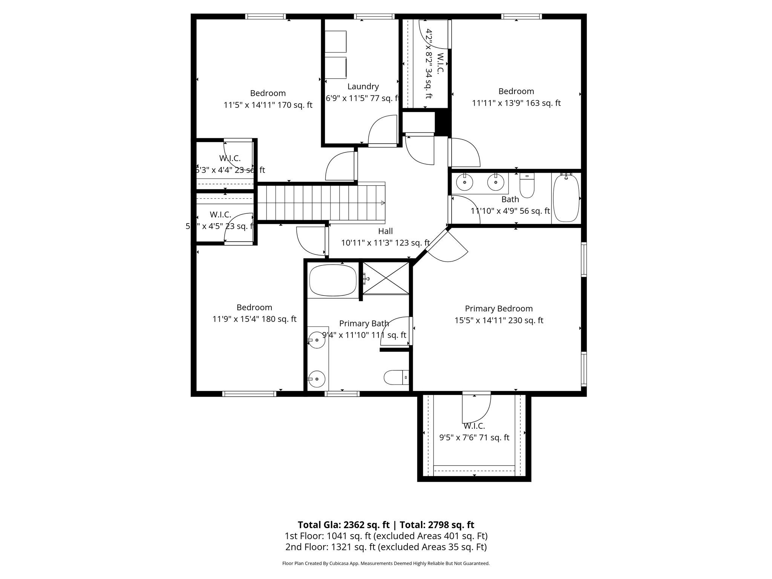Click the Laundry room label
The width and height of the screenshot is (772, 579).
[x=363, y=86]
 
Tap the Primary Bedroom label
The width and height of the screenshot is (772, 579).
[x=498, y=308]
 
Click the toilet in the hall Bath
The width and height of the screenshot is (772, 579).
[x=527, y=185]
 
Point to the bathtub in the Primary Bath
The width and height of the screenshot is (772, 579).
[x=332, y=281]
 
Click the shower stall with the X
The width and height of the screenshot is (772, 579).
[x=386, y=279]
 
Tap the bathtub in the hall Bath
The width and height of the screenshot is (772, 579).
[x=566, y=198]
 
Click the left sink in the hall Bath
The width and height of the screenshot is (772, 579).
[x=465, y=183]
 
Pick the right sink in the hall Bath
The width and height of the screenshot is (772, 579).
[x=496, y=183]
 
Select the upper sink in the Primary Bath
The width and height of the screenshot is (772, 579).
[x=317, y=340]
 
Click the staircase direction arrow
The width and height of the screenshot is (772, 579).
[x=383, y=203]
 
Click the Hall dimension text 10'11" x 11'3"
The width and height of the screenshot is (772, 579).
[x=385, y=243]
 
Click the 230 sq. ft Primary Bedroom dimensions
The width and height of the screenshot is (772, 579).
[x=498, y=320]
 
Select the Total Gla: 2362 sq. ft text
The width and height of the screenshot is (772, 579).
[x=343, y=525]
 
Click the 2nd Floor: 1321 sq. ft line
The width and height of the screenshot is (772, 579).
[x=386, y=547]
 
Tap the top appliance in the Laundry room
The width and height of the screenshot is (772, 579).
[x=335, y=41]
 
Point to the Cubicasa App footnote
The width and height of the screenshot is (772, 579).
[x=386, y=564]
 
